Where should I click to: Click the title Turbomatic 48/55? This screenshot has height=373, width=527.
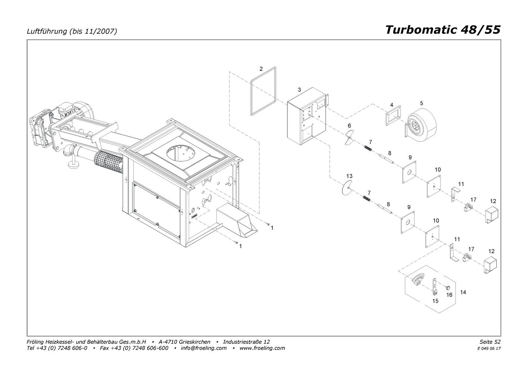point(443,30)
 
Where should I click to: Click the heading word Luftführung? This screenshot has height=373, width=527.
point(47,31)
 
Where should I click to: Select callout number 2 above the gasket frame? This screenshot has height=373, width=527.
point(261,69)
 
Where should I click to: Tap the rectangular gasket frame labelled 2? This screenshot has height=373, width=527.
point(251,94)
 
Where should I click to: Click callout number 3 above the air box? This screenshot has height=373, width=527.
point(299,90)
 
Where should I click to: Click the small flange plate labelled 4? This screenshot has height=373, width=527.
point(393,115)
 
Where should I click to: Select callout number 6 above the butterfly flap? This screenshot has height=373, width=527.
point(349,126)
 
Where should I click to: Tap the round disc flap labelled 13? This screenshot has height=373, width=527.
point(347,188)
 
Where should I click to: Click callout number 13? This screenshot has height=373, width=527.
point(349,176)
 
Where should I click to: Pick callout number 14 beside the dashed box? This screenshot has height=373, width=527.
point(463,292)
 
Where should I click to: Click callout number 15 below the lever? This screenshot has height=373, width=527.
point(435,301)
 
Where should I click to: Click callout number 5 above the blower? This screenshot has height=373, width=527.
point(421,103)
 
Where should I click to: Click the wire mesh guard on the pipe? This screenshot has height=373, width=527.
point(108,162)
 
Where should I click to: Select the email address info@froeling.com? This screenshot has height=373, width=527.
point(203,348)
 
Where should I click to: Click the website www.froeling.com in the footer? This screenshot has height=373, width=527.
point(262,348)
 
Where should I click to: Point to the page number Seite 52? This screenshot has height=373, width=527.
point(490,342)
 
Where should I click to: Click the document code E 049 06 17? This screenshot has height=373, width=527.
point(489,349)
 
